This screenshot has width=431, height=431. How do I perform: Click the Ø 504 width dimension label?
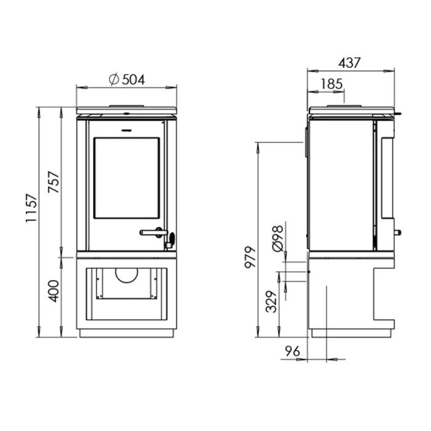click(127, 79)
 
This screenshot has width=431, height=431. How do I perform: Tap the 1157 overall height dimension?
click(31, 208)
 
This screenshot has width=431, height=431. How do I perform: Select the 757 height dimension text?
click(54, 182)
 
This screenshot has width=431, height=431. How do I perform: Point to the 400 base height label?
click(54, 291)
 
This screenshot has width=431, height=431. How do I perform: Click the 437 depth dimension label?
click(349, 63)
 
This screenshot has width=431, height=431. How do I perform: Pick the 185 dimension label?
click(332, 84)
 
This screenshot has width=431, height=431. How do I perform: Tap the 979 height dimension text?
click(251, 257)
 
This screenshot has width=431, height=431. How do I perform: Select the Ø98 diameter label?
click(278, 239)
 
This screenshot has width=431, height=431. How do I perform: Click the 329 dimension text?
click(272, 302)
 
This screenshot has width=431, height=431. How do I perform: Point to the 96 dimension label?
click(292, 351)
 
